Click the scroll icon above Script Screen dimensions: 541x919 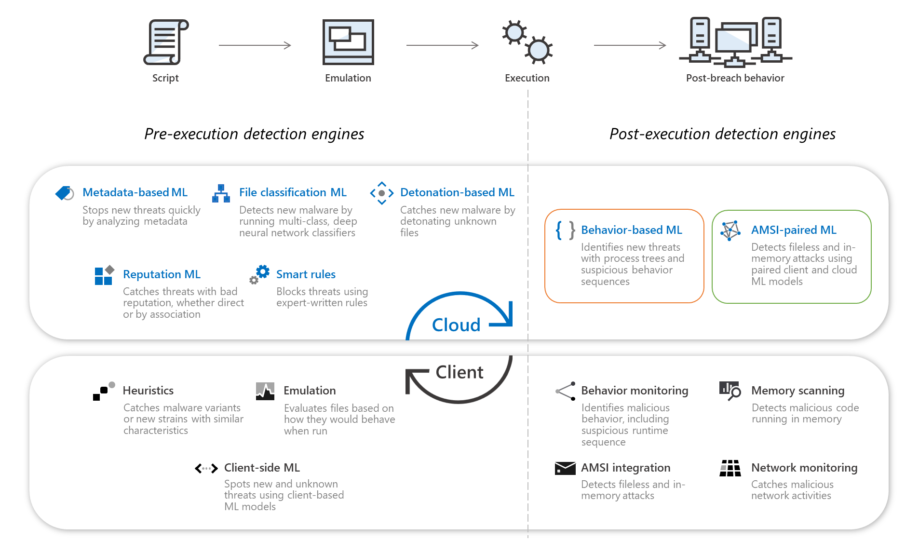(x=166, y=42)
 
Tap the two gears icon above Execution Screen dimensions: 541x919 (x=527, y=42)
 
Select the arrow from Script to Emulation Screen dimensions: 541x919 (x=255, y=45)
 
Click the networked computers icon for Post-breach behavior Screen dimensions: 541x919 (x=735, y=42)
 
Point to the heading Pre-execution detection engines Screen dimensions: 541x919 (x=254, y=134)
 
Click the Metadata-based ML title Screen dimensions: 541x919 (x=135, y=192)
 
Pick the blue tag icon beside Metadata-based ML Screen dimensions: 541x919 (x=65, y=193)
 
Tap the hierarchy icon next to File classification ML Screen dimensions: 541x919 (x=221, y=193)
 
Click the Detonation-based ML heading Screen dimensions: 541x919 (x=457, y=192)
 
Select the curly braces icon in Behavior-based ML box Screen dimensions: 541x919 (x=565, y=230)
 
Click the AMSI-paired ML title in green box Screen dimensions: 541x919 (x=793, y=230)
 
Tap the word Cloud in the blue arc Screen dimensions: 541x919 (x=456, y=325)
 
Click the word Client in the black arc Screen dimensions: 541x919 (x=459, y=372)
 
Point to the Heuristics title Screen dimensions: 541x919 (x=148, y=391)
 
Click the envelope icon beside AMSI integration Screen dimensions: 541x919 (x=565, y=468)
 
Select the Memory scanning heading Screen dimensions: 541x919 (x=797, y=391)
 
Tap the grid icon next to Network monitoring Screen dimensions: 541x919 (x=730, y=468)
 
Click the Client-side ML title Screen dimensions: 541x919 (x=262, y=468)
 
